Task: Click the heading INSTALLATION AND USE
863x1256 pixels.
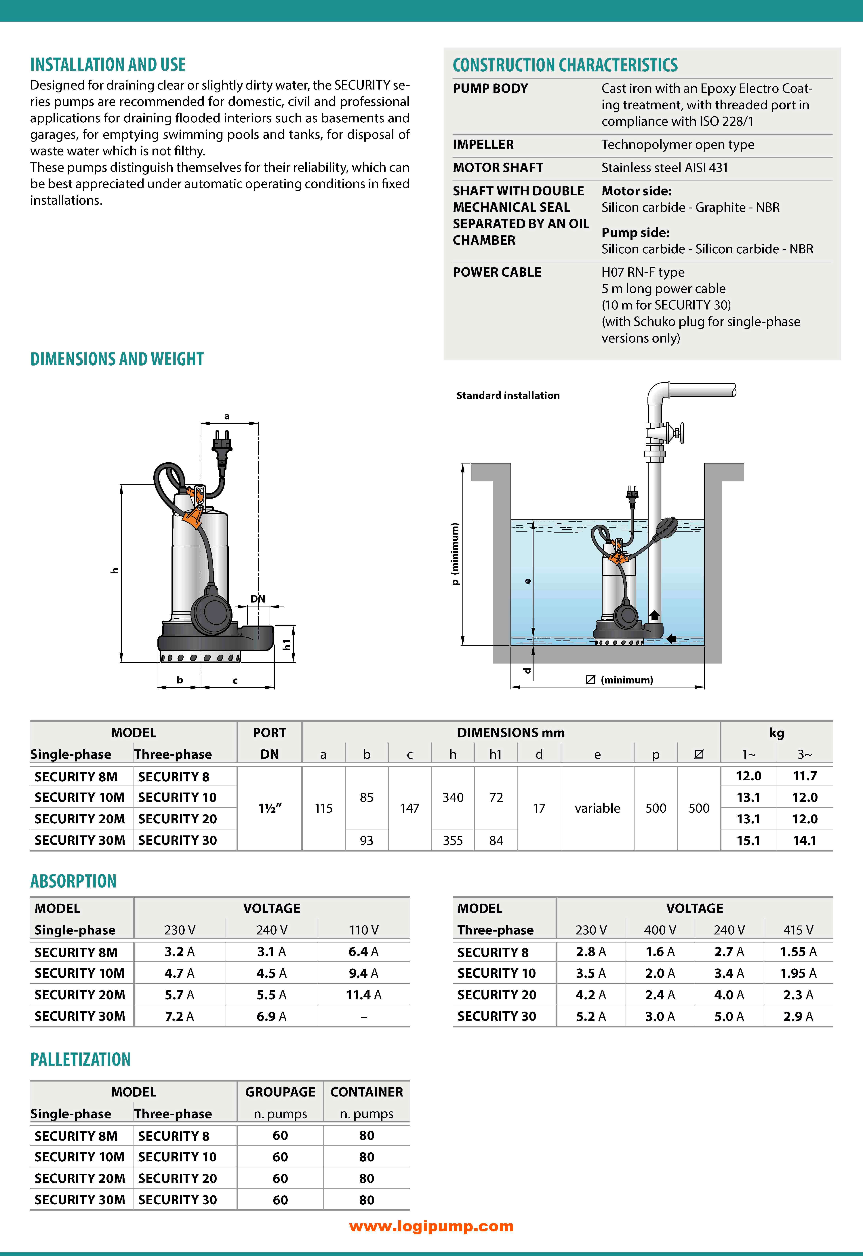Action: [x=108, y=65]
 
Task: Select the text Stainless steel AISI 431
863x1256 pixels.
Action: [x=664, y=168]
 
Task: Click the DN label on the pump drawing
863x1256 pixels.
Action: [x=258, y=599]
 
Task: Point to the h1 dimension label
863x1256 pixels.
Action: [x=287, y=644]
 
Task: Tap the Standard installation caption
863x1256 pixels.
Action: [x=508, y=395]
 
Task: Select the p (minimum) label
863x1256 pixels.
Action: [x=455, y=554]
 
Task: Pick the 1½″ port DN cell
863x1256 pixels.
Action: [x=269, y=808]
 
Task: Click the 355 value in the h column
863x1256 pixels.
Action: [x=453, y=841]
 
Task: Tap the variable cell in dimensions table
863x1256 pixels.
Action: [x=597, y=808]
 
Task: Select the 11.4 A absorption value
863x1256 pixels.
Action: [x=363, y=995]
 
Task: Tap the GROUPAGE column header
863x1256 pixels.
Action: [x=280, y=1092]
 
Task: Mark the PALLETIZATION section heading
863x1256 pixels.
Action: [x=81, y=1060]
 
